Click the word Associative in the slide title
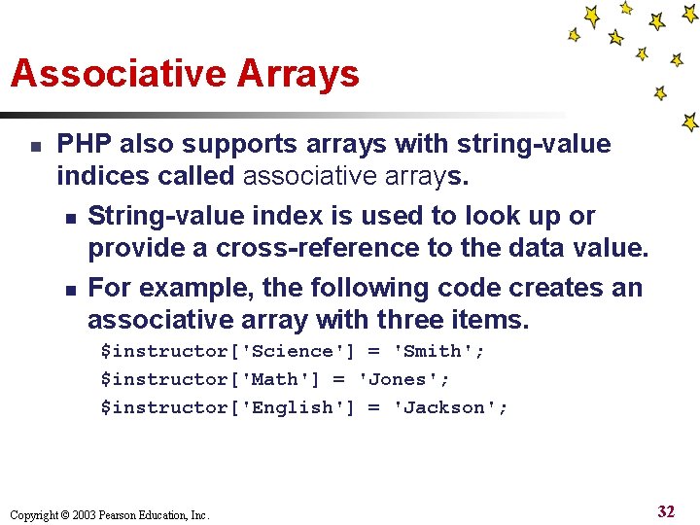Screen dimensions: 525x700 112,74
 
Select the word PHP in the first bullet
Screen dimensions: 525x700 84,145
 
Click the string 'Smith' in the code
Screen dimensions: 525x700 437,352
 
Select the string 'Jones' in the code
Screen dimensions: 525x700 403,379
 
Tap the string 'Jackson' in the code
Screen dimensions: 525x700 449,407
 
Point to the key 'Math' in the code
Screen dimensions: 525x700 280,379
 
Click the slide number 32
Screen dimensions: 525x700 665,511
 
